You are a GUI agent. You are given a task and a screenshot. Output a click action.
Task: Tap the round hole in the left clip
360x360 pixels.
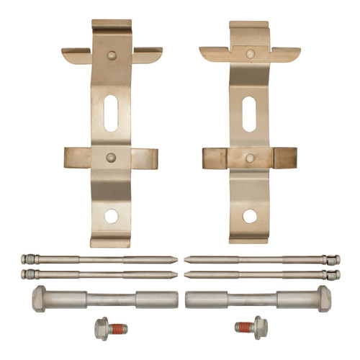[111, 215]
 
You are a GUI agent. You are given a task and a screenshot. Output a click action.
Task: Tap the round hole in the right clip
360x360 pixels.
[249, 215]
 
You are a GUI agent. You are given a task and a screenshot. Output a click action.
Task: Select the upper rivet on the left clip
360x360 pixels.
[111, 54]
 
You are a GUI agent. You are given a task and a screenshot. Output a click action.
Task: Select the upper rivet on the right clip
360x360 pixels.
[249, 54]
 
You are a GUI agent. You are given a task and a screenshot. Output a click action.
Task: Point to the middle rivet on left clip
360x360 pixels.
[110, 157]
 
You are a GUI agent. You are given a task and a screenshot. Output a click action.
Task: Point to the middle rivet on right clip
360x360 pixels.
[249, 158]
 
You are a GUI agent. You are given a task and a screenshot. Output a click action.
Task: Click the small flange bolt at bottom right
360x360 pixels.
[251, 328]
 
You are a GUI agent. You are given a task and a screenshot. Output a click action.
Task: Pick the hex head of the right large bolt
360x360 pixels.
[323, 298]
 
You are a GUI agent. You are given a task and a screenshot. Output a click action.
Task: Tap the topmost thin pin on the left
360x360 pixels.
[94, 259]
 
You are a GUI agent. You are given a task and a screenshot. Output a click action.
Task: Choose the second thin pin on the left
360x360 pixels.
[94, 274]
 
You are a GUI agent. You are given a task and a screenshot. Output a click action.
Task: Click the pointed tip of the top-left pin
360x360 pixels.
[173, 259]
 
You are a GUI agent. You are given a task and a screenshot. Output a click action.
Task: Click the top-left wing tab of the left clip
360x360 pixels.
[76, 55]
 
